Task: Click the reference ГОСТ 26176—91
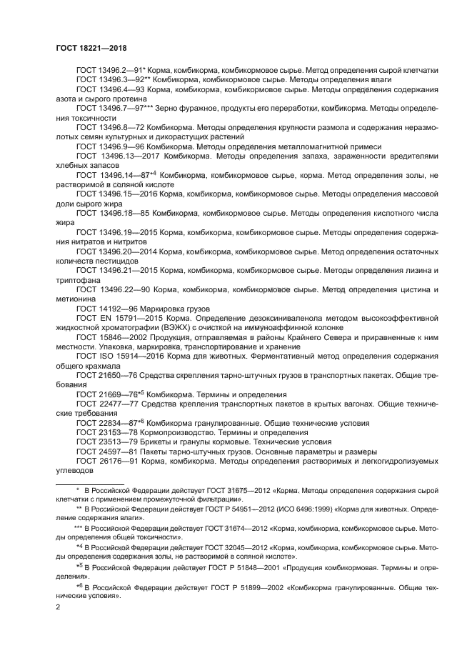click(x=107, y=462)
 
